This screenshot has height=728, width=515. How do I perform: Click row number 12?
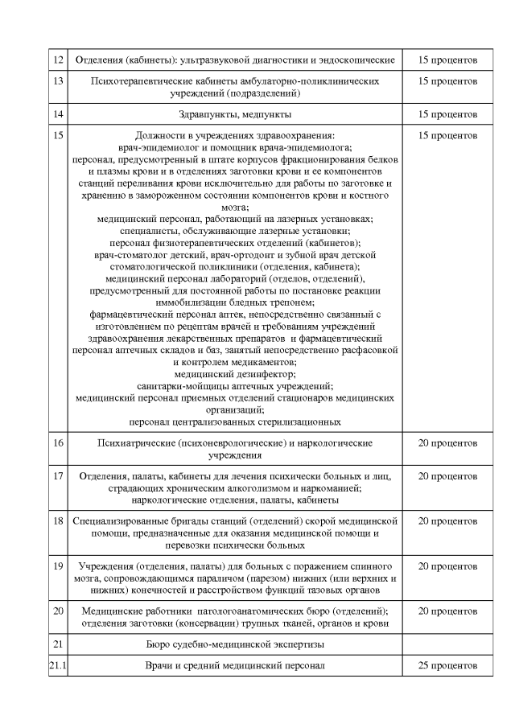tap(57, 60)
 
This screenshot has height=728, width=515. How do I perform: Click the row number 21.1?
tap(57, 665)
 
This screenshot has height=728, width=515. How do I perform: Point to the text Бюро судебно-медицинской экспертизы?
tap(235, 644)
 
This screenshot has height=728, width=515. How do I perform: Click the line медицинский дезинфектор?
tap(235, 373)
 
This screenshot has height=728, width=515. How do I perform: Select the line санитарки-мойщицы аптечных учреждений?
tap(235, 385)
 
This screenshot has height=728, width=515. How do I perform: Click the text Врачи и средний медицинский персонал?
tap(235, 665)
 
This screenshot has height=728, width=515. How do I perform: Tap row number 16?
tap(57, 442)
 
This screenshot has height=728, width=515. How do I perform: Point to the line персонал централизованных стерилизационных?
tap(235, 421)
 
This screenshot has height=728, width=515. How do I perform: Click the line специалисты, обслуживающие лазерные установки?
tap(235, 230)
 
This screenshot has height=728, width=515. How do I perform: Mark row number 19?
tap(57, 566)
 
